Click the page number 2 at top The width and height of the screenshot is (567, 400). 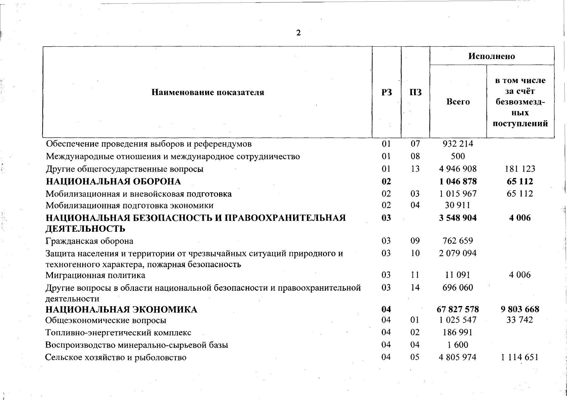298,33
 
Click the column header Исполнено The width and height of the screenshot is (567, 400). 491,56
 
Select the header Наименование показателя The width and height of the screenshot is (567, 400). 208,92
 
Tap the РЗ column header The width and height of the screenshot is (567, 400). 387,92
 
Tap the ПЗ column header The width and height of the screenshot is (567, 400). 416,92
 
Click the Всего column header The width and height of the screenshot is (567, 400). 458,102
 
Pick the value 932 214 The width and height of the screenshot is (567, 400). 458,144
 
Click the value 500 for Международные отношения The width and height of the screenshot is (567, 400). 458,156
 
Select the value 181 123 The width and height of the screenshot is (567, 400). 520,169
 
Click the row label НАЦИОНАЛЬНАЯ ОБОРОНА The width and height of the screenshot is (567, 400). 113,181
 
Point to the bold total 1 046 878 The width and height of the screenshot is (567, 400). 458,181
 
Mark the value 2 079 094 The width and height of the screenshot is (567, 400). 458,253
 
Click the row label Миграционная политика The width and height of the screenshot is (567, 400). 95,275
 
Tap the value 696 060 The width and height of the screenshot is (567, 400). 458,287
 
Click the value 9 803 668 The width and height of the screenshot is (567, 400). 520,309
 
